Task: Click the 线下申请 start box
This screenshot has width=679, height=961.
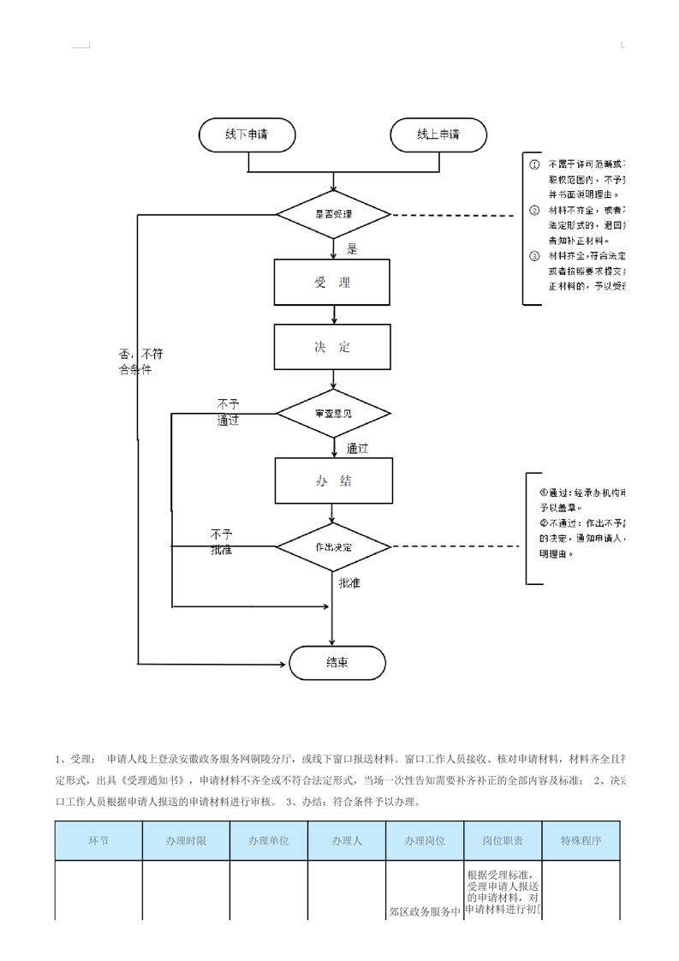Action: (247, 135)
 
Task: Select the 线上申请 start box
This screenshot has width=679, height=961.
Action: (438, 135)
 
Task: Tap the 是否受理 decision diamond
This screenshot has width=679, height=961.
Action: (333, 214)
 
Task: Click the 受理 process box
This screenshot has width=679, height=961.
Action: (332, 282)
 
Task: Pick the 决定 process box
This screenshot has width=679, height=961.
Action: (332, 347)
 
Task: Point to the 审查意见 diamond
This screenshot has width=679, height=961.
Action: (333, 414)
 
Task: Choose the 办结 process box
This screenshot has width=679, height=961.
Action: (333, 480)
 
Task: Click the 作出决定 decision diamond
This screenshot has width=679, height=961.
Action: (333, 546)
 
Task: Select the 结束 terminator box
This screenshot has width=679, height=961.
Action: (337, 662)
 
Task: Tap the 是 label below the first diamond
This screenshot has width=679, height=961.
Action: (352, 249)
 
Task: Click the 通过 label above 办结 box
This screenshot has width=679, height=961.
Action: (357, 448)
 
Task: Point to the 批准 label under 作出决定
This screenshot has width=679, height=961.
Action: (349, 583)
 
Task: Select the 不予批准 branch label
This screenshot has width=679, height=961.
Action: (222, 542)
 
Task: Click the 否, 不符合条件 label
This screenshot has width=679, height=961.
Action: (140, 361)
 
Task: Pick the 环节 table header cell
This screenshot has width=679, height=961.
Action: (98, 840)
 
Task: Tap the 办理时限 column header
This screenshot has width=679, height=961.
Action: (186, 840)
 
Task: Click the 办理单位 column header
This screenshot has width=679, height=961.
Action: (269, 840)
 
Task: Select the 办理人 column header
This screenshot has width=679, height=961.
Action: (347, 840)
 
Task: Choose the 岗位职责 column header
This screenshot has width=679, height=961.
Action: (503, 840)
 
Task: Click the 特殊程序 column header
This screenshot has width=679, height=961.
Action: (581, 840)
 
